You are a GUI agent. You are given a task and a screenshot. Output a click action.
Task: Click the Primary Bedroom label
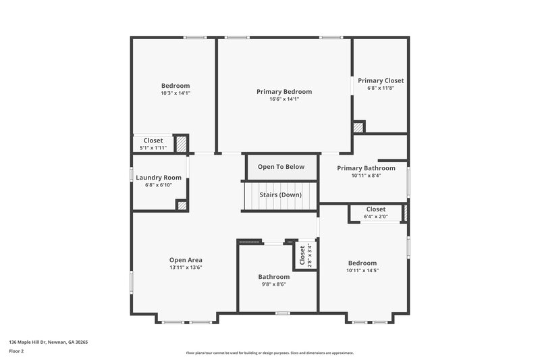[283, 91]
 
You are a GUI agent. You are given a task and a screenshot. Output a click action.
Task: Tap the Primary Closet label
[381, 80]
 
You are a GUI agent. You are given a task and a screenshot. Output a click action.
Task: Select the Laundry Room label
[159, 178]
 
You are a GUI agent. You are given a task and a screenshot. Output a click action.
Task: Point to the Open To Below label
[281, 167]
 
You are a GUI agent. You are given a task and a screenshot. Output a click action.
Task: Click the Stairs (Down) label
[280, 195]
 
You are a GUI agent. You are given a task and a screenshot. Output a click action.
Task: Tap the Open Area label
[186, 260]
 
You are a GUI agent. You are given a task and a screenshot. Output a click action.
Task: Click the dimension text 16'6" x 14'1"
[283, 99]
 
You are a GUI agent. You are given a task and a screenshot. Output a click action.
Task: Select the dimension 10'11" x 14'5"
[362, 271]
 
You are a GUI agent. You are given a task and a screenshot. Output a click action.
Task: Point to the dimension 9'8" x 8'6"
[274, 284]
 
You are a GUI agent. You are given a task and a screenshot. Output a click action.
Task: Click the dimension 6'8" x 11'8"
[381, 88]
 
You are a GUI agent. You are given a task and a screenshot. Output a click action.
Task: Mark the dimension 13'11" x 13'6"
[186, 267]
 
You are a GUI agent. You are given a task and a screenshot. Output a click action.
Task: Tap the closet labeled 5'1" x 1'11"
[153, 144]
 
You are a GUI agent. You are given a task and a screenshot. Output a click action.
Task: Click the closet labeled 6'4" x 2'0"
[376, 213]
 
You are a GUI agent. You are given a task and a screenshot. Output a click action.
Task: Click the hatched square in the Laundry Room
[182, 205]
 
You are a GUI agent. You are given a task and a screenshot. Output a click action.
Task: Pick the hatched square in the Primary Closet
[358, 127]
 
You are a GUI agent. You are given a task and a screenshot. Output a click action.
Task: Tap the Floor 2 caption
[17, 351]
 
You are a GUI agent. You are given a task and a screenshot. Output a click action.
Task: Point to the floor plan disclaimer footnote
[270, 353]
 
